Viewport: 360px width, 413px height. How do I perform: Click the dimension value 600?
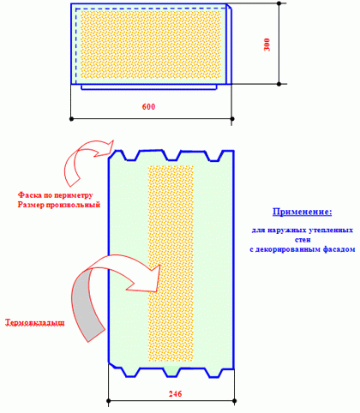pos(148,107)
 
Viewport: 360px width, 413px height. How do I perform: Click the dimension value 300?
pos(267,45)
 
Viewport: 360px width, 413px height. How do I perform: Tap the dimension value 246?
pos(175,394)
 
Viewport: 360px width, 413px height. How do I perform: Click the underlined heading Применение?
pos(303,212)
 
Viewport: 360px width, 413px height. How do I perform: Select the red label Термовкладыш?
pos(34,323)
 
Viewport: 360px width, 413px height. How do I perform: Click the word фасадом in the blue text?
pos(339,249)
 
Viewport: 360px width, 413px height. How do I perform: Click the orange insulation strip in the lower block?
pos(171,263)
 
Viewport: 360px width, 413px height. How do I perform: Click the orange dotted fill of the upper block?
pos(151,45)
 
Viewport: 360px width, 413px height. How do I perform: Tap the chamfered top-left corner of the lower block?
pos(111,154)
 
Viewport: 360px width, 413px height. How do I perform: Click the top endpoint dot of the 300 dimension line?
pos(279,3)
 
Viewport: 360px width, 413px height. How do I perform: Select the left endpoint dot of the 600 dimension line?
pos(71,118)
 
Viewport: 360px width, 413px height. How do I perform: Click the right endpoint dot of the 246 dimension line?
pos(235,401)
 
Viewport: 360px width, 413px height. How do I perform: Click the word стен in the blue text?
pos(303,240)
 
